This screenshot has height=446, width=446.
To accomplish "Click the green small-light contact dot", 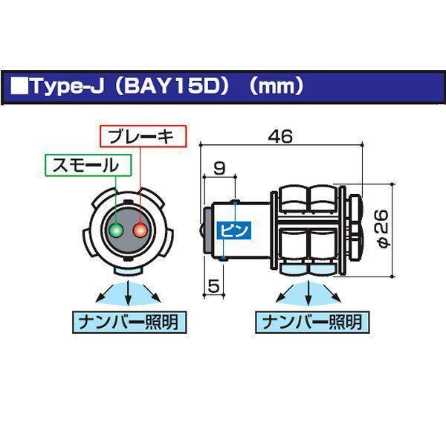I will pyautogui.click(x=115, y=231).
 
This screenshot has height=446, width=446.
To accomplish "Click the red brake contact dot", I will pyautogui.click(x=139, y=231).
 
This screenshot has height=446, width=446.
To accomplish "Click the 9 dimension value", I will pyautogui.click(x=219, y=169).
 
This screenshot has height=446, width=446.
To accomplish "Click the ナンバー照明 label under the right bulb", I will pyautogui.click(x=308, y=323).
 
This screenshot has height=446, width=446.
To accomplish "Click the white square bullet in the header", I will pyautogui.click(x=20, y=85).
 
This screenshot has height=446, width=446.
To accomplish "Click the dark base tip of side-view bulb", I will pyautogui.click(x=207, y=230).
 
